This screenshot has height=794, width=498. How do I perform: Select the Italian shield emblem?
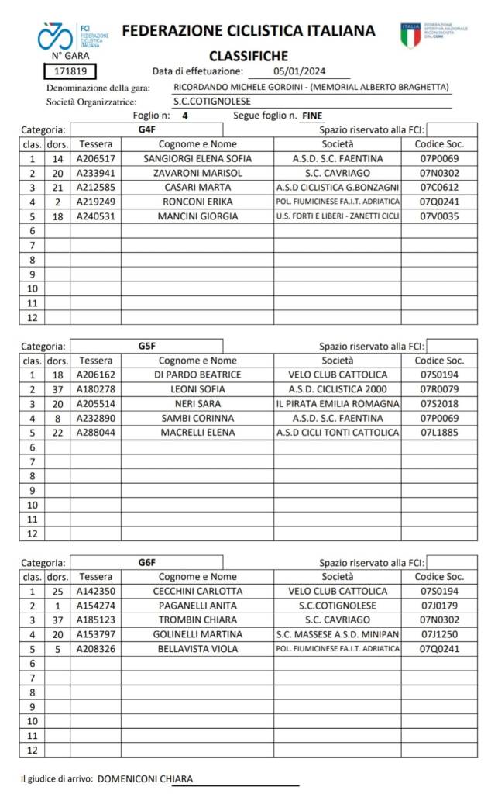click(410, 34)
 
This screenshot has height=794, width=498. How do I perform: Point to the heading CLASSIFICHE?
click(249, 56)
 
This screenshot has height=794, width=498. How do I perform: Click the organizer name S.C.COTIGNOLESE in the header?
click(212, 101)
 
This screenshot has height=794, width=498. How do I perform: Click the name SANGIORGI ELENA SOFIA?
click(197, 159)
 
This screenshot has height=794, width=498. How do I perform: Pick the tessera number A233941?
click(95, 173)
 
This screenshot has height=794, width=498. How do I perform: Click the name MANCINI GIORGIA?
click(197, 216)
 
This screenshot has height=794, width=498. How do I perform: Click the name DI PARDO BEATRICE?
click(197, 375)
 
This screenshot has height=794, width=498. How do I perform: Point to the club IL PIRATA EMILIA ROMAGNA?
click(337, 404)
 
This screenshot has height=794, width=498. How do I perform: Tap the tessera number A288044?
click(95, 433)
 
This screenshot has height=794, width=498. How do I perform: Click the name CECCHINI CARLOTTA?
click(197, 591)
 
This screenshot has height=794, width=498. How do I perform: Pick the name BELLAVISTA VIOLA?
click(197, 649)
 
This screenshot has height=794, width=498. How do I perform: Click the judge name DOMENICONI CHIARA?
click(146, 779)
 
